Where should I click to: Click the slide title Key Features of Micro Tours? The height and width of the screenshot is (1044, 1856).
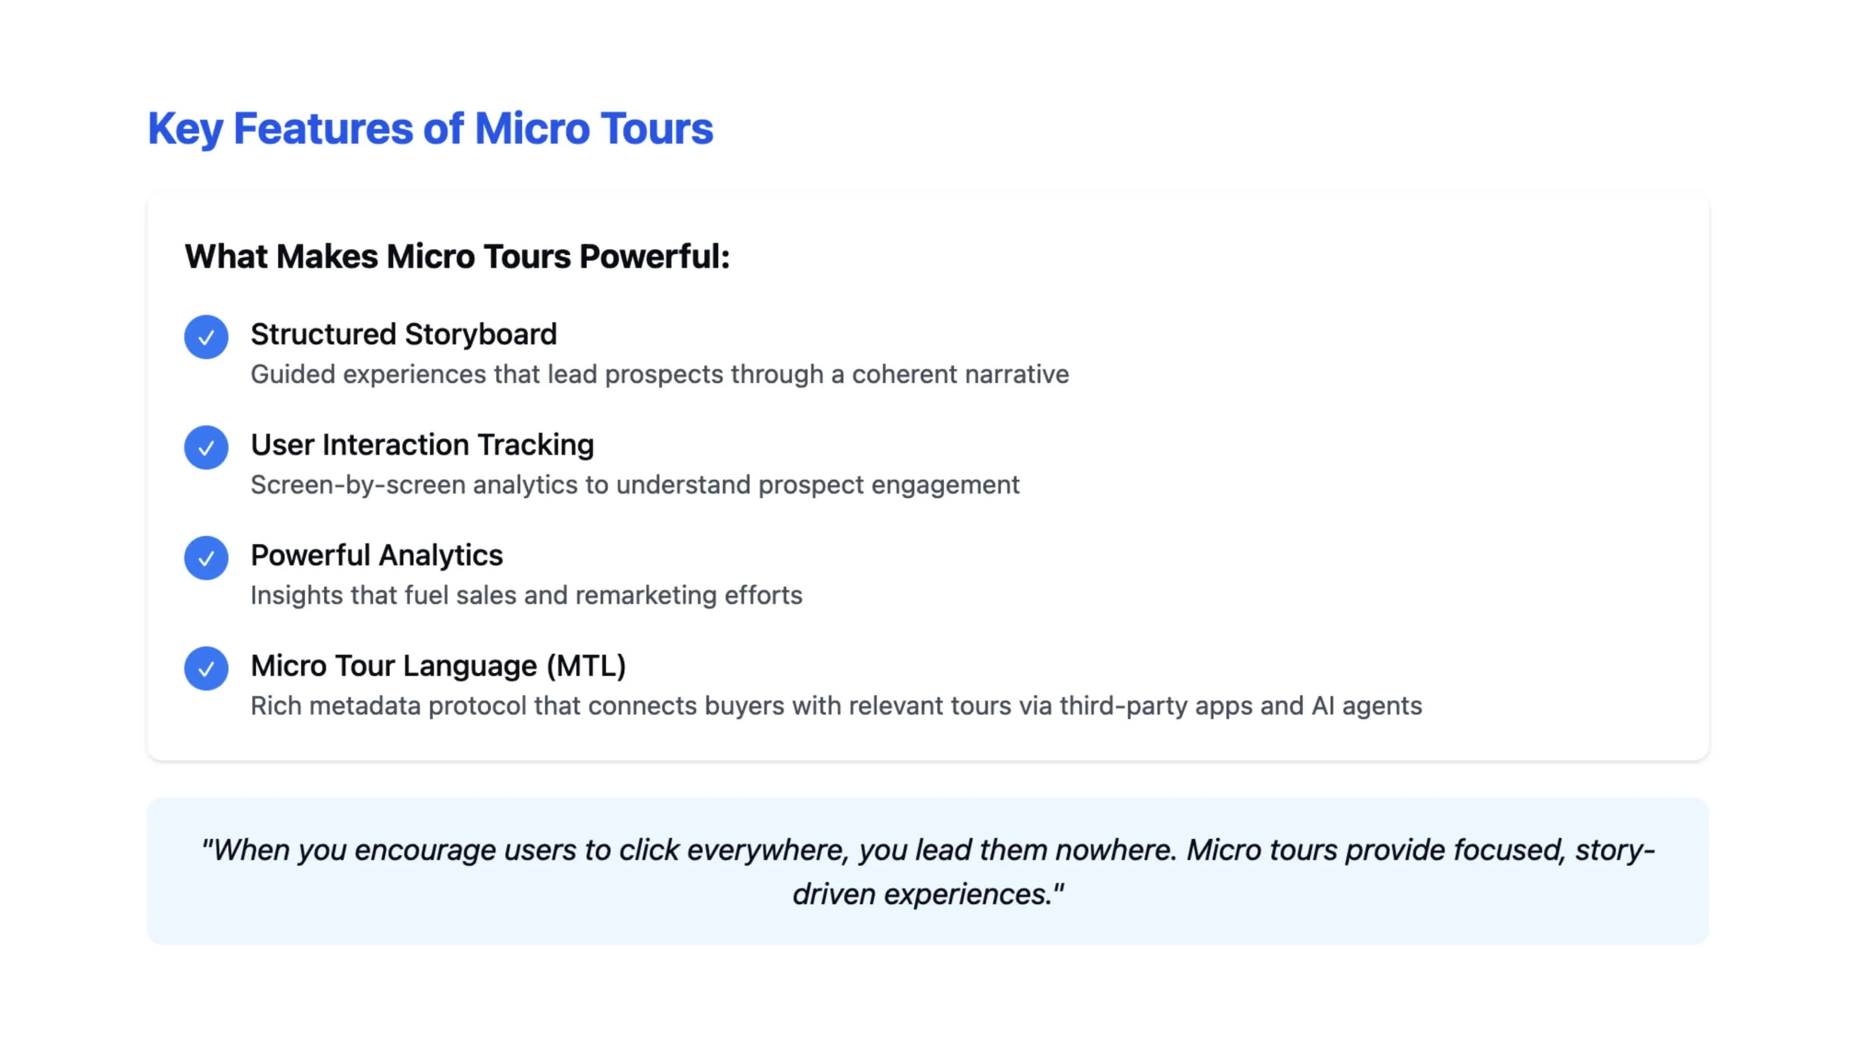click(x=430, y=129)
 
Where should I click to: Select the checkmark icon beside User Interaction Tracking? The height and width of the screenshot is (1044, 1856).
click(x=206, y=448)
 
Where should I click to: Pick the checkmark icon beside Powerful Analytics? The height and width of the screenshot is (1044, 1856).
click(x=206, y=558)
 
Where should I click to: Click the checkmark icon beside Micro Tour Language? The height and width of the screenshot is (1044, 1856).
click(x=206, y=668)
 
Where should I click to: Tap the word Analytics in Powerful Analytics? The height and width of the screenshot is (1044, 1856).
click(x=441, y=555)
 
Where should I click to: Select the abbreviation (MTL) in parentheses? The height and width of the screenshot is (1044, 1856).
click(x=586, y=666)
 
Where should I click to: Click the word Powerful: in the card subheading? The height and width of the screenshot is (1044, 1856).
click(x=654, y=257)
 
